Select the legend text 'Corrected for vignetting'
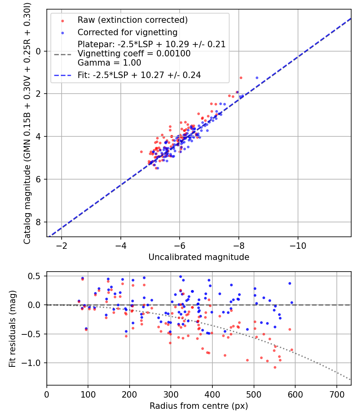pos(127,32)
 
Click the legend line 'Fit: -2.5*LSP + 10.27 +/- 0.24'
pos(62,75)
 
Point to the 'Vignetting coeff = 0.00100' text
pos(134,54)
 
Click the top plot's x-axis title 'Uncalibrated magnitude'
pos(199,257)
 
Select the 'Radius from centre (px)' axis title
pos(199,406)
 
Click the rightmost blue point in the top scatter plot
pos(257,78)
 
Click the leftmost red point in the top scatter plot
pos(141,152)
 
